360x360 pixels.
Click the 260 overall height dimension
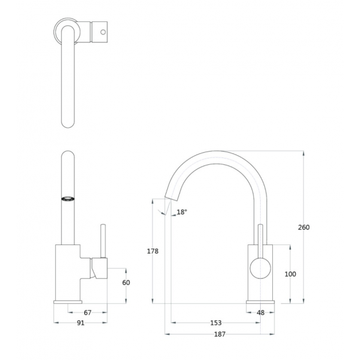(x=304, y=227)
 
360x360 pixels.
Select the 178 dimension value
(x=153, y=251)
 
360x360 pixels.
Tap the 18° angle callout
(x=182, y=212)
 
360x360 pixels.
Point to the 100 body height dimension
(x=290, y=274)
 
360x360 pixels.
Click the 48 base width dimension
(x=260, y=312)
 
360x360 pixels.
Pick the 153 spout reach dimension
(x=216, y=323)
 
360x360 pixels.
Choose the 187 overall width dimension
(x=219, y=334)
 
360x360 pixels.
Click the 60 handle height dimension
(x=126, y=282)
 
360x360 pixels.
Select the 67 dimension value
(x=88, y=312)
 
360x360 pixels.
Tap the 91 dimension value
(x=80, y=323)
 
